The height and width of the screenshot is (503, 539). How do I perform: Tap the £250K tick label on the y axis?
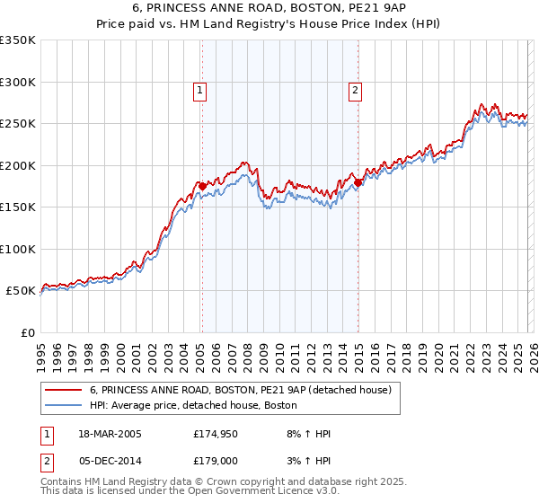point(18,124)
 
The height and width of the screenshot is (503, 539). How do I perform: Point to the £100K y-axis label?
point(18,250)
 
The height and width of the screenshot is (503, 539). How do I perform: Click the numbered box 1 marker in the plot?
point(199,90)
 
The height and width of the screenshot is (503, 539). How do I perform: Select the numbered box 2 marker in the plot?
point(356,90)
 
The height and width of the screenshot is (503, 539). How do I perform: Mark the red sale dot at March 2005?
point(202,186)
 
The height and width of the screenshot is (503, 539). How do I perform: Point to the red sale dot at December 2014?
point(358,182)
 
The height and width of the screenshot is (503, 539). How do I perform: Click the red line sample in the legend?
point(66,391)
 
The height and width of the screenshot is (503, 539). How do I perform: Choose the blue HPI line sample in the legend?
point(66,406)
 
